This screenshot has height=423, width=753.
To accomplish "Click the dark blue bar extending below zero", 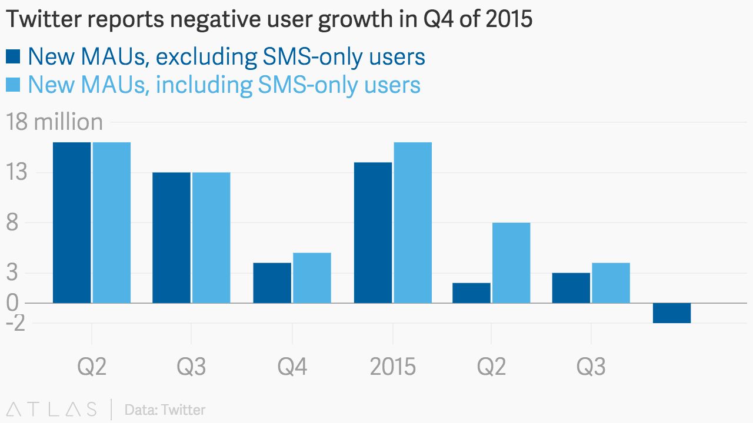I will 671,313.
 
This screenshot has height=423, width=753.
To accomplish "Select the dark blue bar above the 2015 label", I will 372,233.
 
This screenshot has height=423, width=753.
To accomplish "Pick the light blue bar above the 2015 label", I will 412,223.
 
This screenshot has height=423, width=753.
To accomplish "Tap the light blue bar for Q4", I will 312,278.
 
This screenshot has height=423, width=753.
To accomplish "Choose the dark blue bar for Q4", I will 272,283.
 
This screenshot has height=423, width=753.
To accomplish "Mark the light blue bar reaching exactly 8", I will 511,263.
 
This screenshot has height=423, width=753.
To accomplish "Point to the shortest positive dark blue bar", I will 471,293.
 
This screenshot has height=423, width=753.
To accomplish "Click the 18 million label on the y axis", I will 54,122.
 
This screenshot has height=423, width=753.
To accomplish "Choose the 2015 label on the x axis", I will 392,367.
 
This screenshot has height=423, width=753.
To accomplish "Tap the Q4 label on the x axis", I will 292,367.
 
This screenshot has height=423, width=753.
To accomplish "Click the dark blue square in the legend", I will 14,57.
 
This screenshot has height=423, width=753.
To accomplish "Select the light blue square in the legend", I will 14,85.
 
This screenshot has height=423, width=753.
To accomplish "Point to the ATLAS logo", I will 52,409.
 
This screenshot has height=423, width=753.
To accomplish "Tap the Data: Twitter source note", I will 165,409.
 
